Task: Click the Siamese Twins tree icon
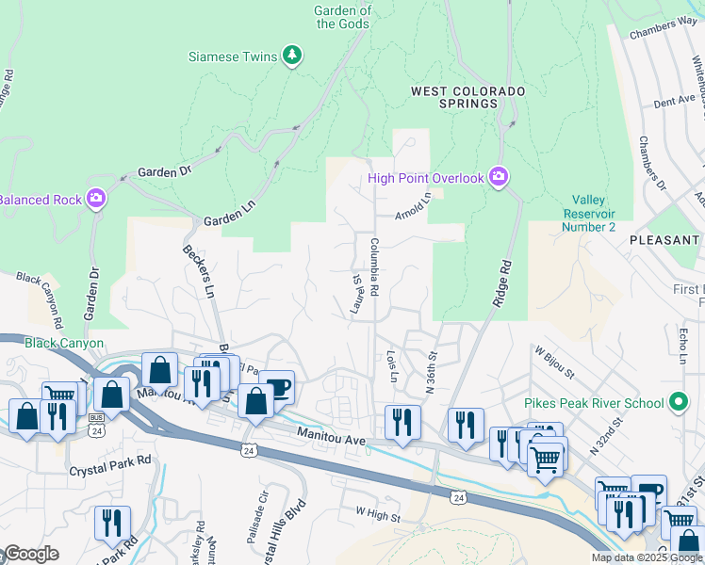[292, 56]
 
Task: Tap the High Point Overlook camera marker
[499, 177]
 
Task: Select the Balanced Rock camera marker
[94, 199]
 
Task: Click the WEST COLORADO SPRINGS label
[467, 97]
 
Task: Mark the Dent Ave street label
[674, 98]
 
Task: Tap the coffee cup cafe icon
[278, 385]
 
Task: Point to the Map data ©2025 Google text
[646, 557]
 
